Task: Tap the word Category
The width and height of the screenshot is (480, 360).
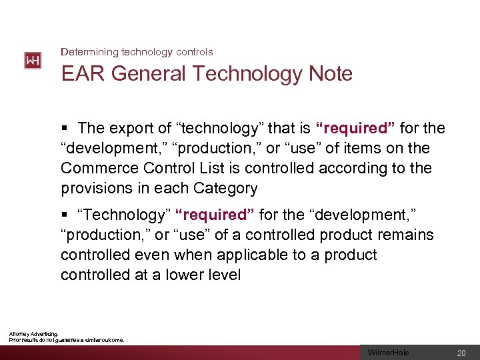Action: point(225,188)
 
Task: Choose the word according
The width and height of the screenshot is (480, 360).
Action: point(351,168)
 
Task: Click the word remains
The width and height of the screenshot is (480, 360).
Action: point(407,235)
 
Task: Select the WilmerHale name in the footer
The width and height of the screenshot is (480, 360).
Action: point(389,353)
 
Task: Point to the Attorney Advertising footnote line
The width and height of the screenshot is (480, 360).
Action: point(33,333)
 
